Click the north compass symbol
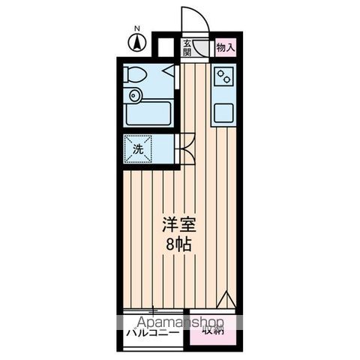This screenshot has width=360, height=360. [136, 43]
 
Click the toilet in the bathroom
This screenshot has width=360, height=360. [136, 75]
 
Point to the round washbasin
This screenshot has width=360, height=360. [135, 95]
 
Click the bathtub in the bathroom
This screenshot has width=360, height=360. [150, 113]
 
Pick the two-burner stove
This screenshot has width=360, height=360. [224, 76]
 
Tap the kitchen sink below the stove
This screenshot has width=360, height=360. [224, 113]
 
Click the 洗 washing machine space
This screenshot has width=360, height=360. [138, 148]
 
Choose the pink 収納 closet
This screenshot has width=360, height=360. [213, 328]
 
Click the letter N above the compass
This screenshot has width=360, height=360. [136, 29]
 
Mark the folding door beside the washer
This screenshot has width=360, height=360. [185, 148]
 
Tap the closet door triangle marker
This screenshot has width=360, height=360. [224, 302]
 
